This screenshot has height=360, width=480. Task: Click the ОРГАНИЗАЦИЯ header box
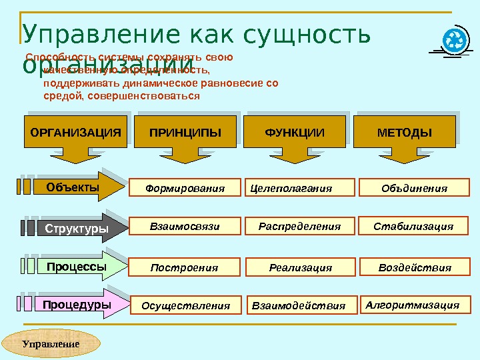tap(75, 133)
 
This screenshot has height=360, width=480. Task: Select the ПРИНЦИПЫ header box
tap(185, 133)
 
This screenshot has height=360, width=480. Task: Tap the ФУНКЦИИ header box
tap(295, 133)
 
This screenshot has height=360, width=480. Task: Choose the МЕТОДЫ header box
tap(404, 133)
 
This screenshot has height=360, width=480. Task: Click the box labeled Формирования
tap(185, 189)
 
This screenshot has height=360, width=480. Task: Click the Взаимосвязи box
tap(185, 227)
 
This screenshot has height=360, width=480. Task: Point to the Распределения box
tap(299, 227)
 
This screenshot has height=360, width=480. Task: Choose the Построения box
tap(185, 268)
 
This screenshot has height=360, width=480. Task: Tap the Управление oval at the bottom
tap(51, 344)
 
